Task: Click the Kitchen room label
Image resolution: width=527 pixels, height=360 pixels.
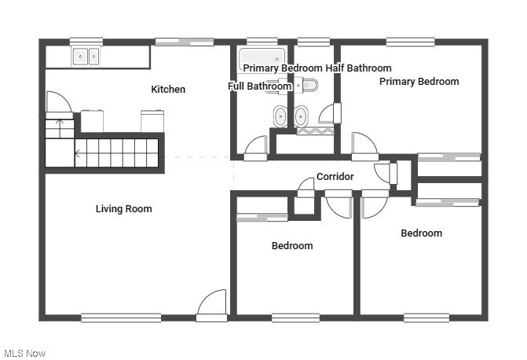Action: pos(168,90)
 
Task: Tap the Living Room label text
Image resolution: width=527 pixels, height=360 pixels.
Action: pos(123,209)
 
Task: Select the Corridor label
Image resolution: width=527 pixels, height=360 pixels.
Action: pos(335,177)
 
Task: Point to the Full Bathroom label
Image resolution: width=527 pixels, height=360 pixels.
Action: pos(260,86)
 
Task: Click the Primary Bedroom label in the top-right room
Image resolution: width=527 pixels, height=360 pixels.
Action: pos(419,82)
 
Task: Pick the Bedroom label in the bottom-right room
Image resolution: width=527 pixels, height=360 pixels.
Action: pos(421,233)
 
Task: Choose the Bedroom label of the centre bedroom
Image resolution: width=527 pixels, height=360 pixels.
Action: pos(292,246)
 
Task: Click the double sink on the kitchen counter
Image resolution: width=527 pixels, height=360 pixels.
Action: pos(86,57)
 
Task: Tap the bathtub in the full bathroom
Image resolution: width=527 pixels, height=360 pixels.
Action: pos(262,57)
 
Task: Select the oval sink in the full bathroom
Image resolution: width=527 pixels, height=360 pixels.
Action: pos(280,117)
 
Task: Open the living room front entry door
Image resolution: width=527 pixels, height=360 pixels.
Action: pos(212,305)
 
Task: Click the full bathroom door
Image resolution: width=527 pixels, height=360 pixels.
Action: pos(256,148)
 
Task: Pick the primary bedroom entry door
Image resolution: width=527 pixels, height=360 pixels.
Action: pos(364,146)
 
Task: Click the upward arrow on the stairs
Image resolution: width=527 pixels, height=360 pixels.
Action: pos(60,123)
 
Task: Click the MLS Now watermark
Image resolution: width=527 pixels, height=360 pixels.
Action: pos(24,353)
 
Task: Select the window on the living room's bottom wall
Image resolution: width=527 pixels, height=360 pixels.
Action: pos(121,318)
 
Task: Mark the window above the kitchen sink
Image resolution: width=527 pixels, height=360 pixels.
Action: pos(86,41)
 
